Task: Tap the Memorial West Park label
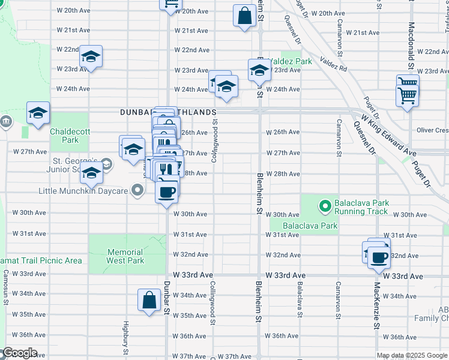pyautogui.click(x=125, y=256)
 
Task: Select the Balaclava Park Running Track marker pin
pyautogui.click(x=325, y=207)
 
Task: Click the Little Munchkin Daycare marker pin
pyautogui.click(x=137, y=191)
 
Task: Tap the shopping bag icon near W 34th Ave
pyautogui.click(x=148, y=299)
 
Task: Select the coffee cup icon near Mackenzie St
pyautogui.click(x=378, y=257)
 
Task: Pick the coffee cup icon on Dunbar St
pyautogui.click(x=166, y=191)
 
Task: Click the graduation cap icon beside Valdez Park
pyautogui.click(x=259, y=70)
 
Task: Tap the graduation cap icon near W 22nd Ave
pyautogui.click(x=91, y=56)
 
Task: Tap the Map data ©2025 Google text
pyautogui.click(x=412, y=355)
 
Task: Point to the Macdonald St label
pyautogui.click(x=411, y=36)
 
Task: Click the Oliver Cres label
pyautogui.click(x=432, y=130)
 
